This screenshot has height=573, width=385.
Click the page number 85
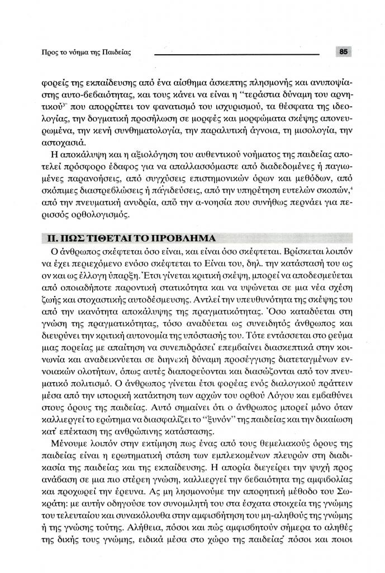pos(344,52)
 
